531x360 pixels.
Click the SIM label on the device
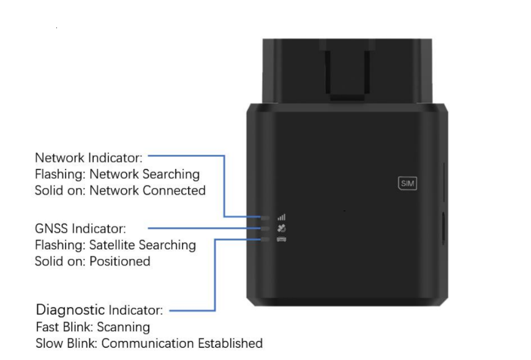(407, 183)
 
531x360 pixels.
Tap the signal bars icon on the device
(281, 217)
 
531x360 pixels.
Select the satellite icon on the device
(281, 228)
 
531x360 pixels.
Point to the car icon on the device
(281, 239)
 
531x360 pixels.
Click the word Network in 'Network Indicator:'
(59, 158)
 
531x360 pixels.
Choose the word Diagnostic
(70, 310)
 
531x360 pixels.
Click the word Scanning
(123, 327)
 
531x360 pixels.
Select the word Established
(230, 343)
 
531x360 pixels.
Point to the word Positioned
(119, 261)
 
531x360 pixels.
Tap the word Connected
(174, 190)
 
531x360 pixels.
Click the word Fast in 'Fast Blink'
(47, 327)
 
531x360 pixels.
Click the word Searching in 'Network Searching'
(171, 174)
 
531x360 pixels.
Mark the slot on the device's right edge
(443, 228)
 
